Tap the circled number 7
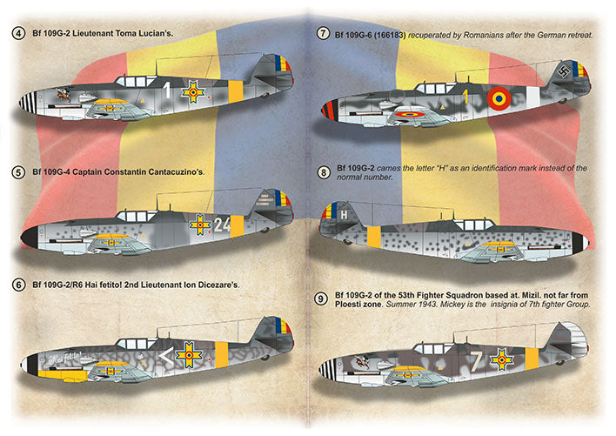[x=325, y=34]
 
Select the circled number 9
[x=324, y=299]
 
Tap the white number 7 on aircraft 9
[x=475, y=357]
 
